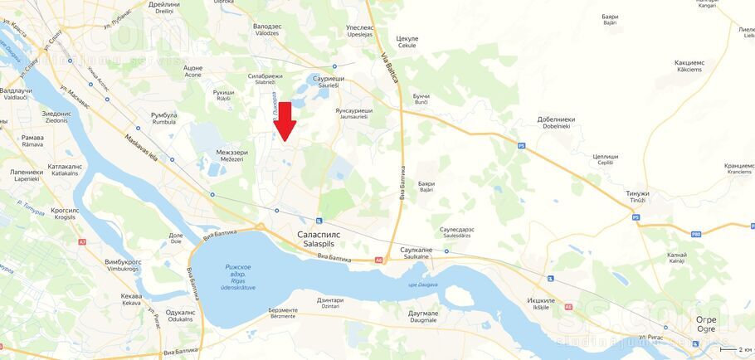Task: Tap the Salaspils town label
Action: click(x=319, y=239)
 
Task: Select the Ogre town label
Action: click(x=705, y=324)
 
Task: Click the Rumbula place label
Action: click(x=163, y=119)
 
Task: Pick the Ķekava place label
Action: click(x=131, y=299)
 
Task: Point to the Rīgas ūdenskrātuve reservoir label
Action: click(x=238, y=277)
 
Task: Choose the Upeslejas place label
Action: click(x=359, y=32)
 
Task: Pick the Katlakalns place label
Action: click(x=65, y=169)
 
